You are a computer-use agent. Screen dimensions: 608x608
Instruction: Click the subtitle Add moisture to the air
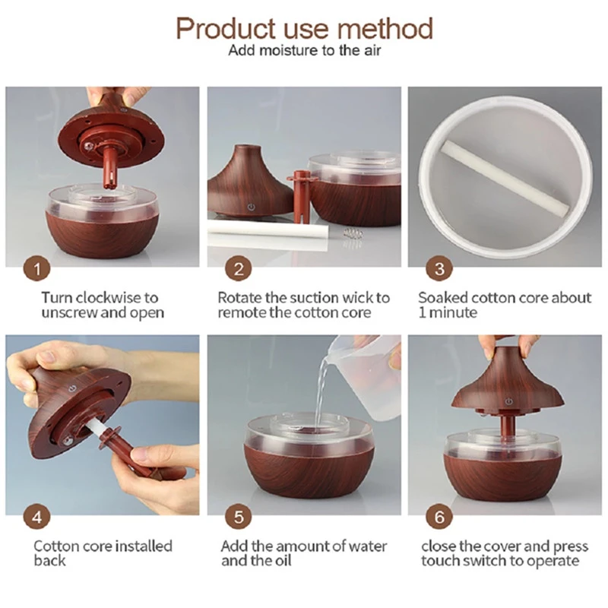click(x=303, y=52)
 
